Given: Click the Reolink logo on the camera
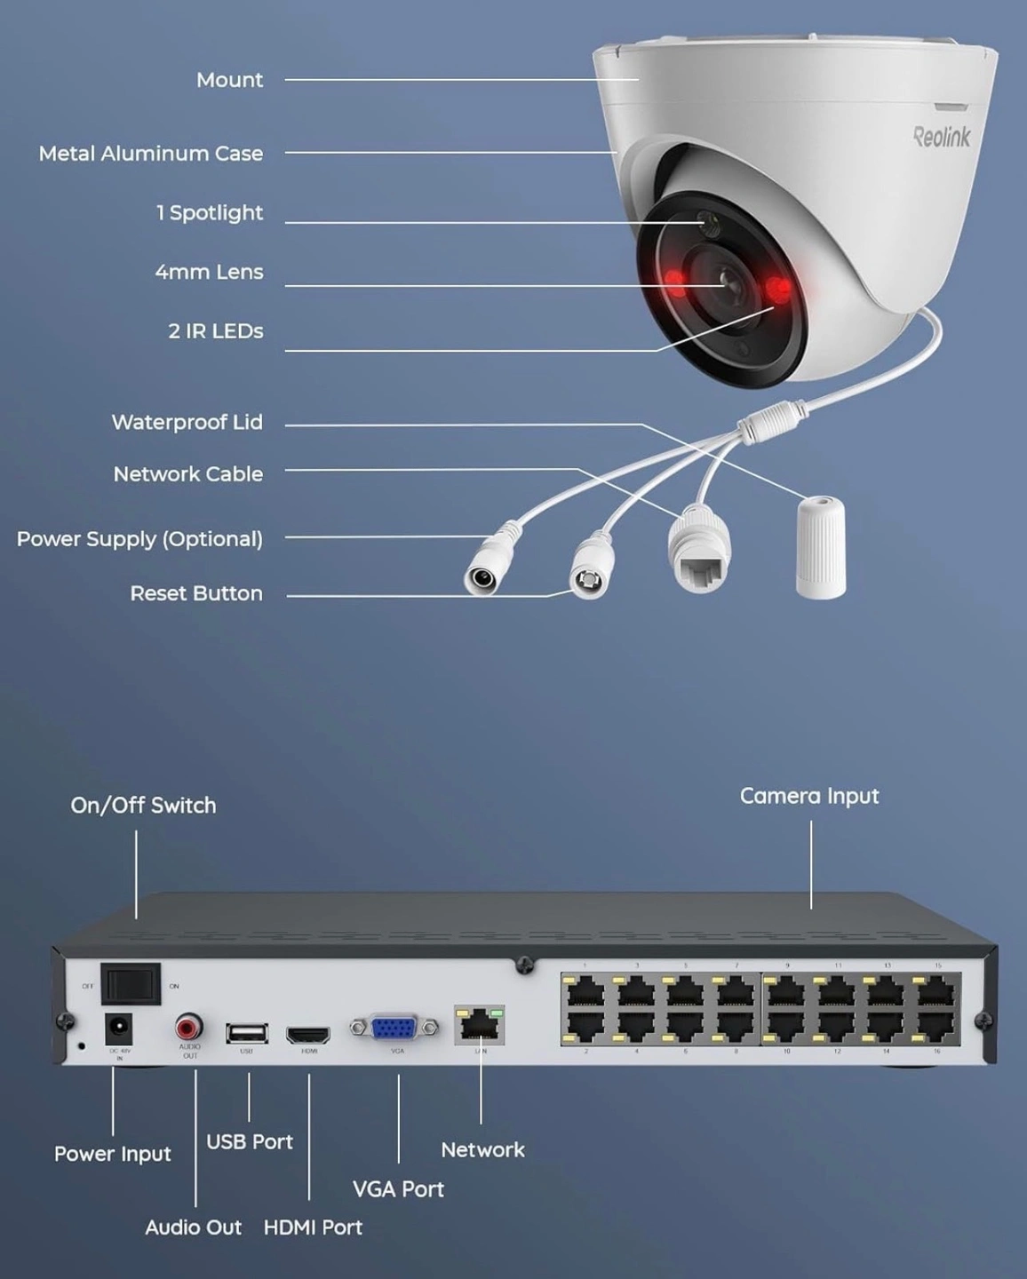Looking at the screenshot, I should click(x=942, y=137).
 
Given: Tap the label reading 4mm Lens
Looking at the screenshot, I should click(x=209, y=272).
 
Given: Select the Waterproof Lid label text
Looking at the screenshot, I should click(x=187, y=422).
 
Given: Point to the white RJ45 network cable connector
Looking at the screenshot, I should click(x=700, y=551).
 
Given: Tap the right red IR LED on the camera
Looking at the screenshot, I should click(x=779, y=289).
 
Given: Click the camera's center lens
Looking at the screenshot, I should click(x=729, y=282).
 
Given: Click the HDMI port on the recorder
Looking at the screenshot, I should click(x=308, y=1035).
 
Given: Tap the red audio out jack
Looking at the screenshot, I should click(x=188, y=1029).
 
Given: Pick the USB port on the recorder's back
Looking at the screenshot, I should click(x=246, y=1033).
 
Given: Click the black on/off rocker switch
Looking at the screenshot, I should click(x=131, y=984).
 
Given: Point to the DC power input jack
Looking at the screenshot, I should click(x=118, y=1030).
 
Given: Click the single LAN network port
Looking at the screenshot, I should click(x=480, y=1026).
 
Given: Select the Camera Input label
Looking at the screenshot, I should click(x=809, y=796).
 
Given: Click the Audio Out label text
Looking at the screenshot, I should click(x=193, y=1227).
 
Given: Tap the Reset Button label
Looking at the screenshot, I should click(x=196, y=593).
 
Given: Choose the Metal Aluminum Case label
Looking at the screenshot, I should click(x=151, y=154).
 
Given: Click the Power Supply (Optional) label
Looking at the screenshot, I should click(x=139, y=539).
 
